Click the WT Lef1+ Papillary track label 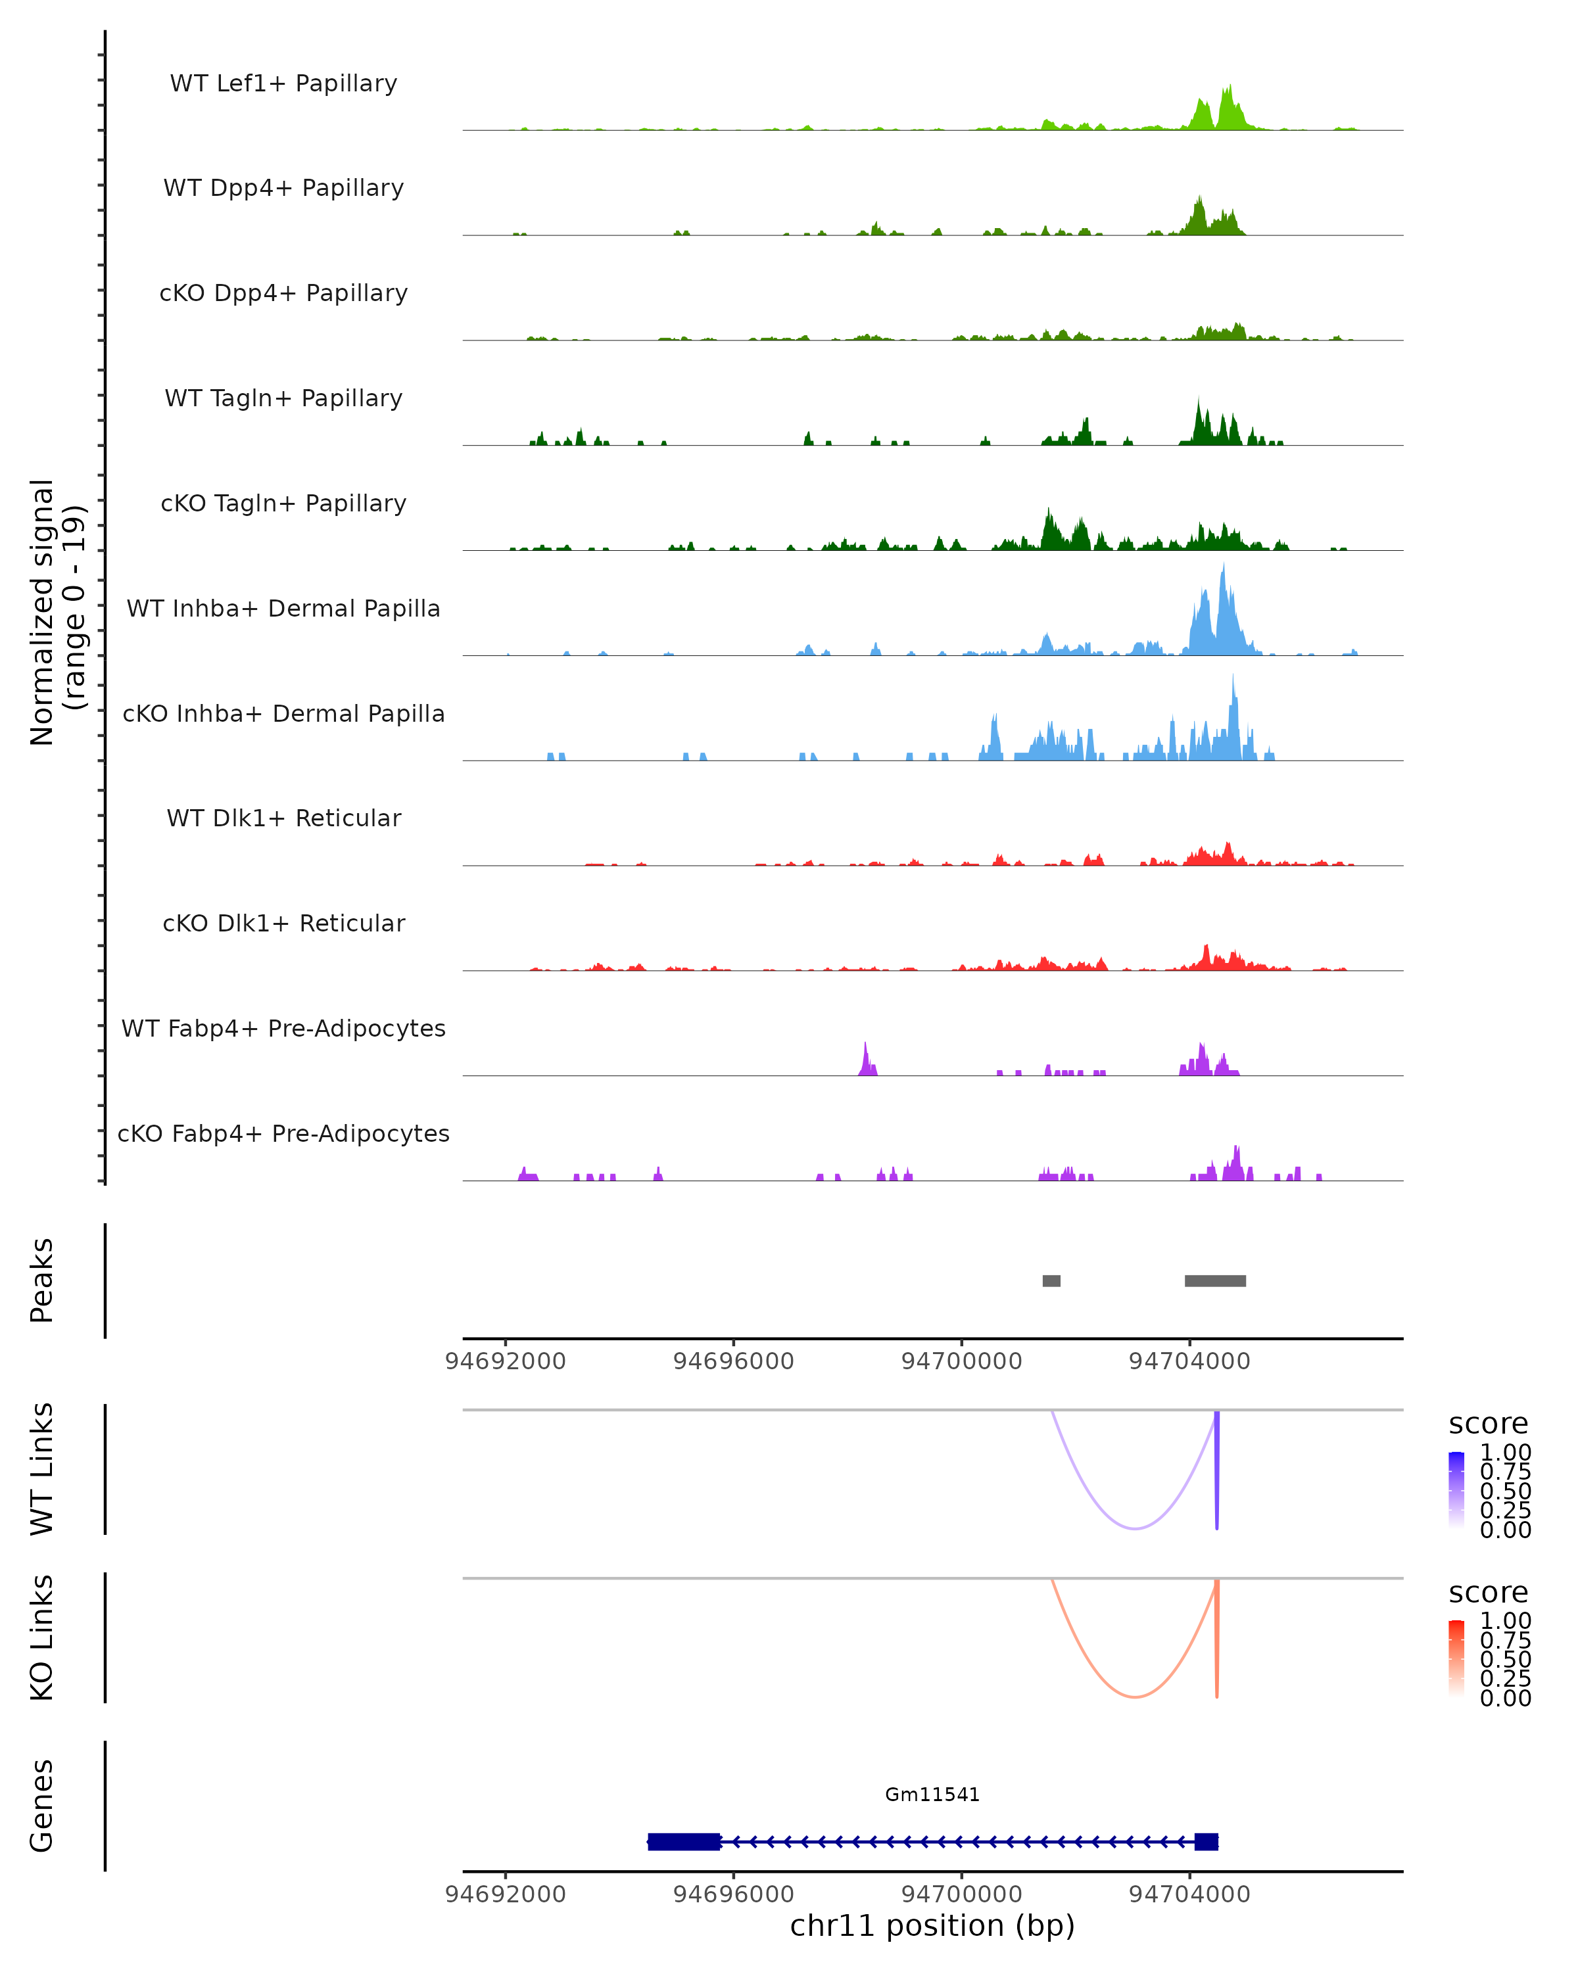click(x=283, y=83)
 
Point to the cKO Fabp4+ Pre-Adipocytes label click(x=283, y=1133)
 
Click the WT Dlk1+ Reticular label click(x=283, y=818)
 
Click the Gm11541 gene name click(x=932, y=1794)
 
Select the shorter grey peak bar click(x=1051, y=1280)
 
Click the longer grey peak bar click(x=1215, y=1280)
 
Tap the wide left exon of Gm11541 click(x=683, y=1841)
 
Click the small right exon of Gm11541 click(x=1206, y=1841)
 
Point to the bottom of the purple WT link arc click(x=1134, y=1528)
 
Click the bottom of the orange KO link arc click(x=1134, y=1697)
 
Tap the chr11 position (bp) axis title click(x=932, y=1925)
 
